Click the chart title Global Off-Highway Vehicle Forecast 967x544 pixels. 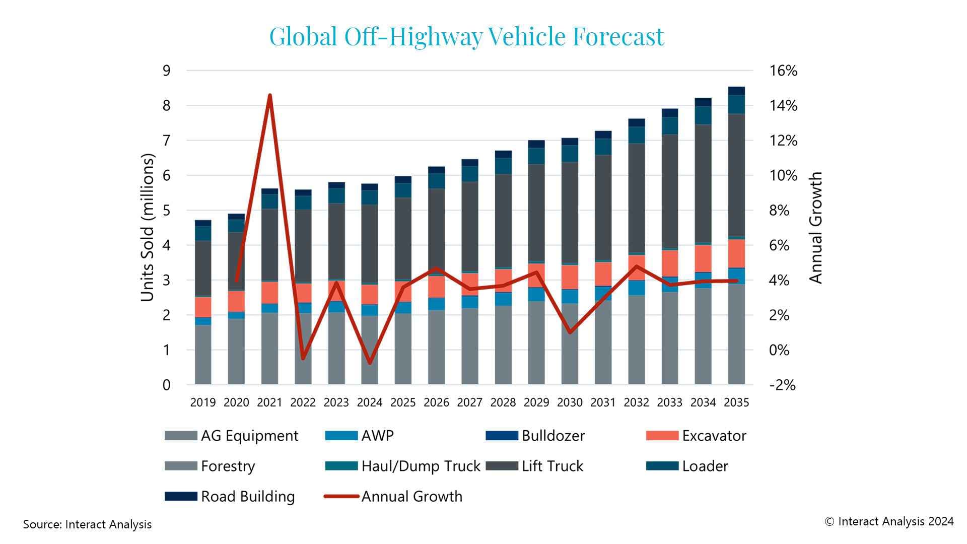point(466,36)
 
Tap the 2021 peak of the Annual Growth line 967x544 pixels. point(269,95)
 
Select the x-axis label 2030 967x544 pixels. point(570,402)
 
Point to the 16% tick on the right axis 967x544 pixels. point(783,71)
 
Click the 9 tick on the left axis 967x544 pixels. point(166,71)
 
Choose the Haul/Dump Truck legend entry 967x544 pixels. point(421,466)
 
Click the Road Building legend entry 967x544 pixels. point(247,497)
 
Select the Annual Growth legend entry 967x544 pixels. point(411,497)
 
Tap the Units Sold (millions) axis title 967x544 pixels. point(147,228)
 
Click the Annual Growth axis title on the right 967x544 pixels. point(815,228)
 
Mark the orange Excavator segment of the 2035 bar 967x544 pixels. point(736,253)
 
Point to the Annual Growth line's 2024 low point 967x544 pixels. point(370,363)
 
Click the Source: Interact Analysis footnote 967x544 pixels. point(87,524)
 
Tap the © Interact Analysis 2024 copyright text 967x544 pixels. point(889,521)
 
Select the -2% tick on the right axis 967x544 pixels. point(782,385)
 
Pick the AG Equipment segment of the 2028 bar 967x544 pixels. point(503,345)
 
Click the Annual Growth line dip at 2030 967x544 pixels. point(570,332)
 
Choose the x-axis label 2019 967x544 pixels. point(203,402)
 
